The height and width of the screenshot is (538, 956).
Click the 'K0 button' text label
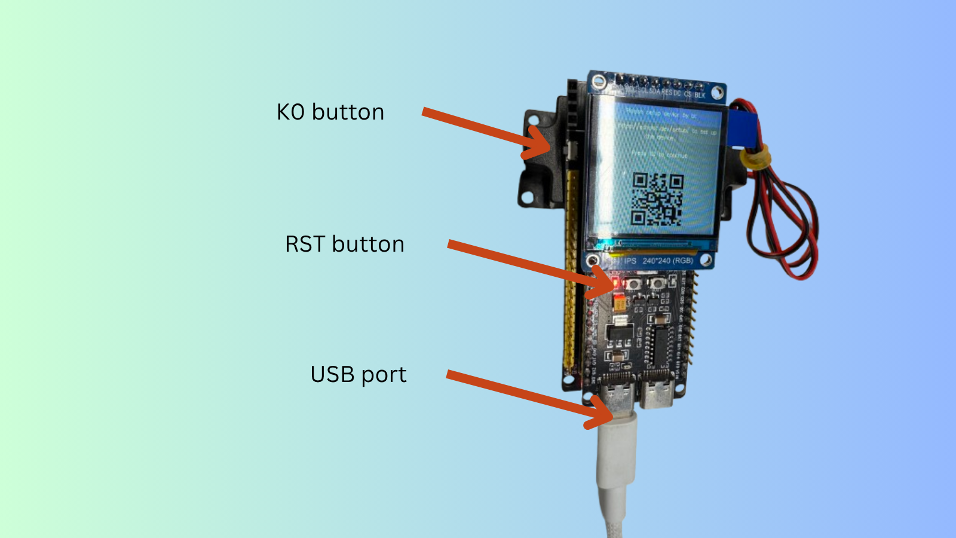pos(330,112)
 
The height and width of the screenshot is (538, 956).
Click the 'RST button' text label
pos(345,244)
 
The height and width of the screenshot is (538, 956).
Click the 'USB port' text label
pos(358,375)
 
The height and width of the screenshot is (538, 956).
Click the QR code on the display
pos(657,199)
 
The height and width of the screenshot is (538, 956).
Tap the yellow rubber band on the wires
pos(754,158)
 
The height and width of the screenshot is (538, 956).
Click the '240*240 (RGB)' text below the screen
pos(667,261)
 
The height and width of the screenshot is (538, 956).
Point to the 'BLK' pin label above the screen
pos(700,95)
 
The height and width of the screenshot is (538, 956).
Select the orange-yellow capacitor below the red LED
pos(620,303)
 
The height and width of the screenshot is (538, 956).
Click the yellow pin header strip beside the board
pos(571,269)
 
